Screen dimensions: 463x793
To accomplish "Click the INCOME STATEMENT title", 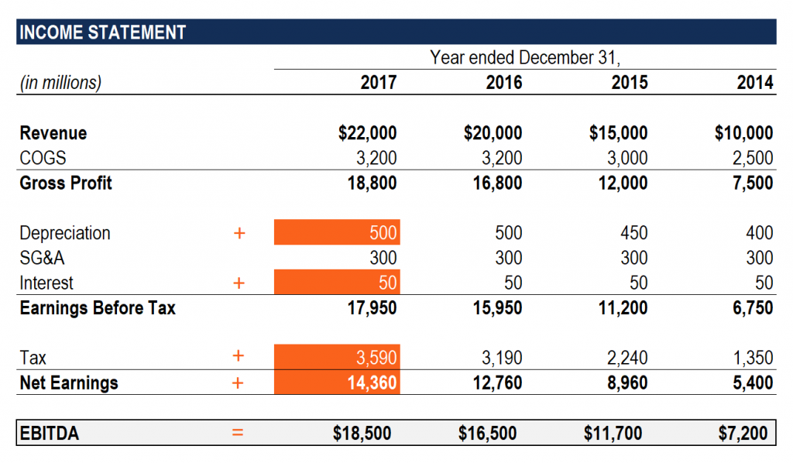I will pos(102,33).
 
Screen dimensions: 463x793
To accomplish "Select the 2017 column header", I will pos(379,83).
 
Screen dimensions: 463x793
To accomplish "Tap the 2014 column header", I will pos(754,83).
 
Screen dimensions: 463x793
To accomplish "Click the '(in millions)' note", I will pos(60,83).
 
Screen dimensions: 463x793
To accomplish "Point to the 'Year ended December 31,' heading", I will pos(526,57).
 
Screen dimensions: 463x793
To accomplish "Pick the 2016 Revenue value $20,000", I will pos(493,133).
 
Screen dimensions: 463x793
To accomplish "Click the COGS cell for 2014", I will pos(753,158).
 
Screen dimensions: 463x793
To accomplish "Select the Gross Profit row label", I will pos(66,183).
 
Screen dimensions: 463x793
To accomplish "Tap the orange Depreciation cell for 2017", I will pos(337,233).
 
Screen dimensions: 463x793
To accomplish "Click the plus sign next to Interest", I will pos(239,283).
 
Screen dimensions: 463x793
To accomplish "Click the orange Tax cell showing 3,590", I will pos(337,358).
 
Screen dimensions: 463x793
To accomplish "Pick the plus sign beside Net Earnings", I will pos(239,382).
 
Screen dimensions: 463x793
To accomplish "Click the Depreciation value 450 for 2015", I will pos(632,233).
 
